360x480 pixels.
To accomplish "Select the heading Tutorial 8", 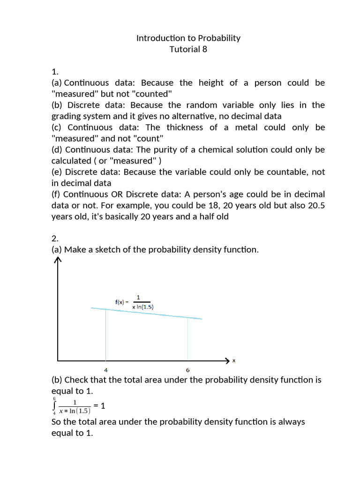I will pos(188,49).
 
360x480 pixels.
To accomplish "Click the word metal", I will pos(246,127).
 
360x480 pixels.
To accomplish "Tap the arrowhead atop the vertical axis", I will pos(58,261).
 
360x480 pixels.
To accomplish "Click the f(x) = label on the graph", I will pos(122,302).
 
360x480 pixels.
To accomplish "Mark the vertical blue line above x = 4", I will pos(105,335).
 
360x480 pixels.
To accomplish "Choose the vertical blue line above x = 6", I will pos(187,339).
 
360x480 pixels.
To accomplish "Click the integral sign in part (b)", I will pos(55,405).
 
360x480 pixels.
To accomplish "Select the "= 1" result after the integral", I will pos(98,405).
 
